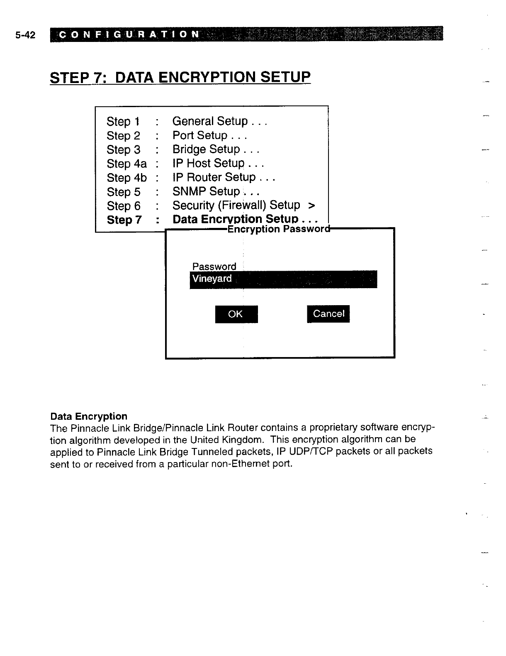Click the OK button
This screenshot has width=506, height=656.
click(x=236, y=314)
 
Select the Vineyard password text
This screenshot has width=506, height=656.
click(x=212, y=279)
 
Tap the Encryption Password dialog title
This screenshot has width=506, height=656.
click(x=279, y=229)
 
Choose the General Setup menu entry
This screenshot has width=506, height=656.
click(x=219, y=121)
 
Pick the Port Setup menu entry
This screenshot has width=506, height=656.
click(x=209, y=135)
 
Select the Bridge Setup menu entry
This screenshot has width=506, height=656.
click(x=216, y=149)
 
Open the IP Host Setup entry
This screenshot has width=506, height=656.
click(x=218, y=164)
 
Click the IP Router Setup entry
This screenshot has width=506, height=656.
click(x=224, y=178)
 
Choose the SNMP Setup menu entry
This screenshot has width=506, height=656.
click(x=216, y=192)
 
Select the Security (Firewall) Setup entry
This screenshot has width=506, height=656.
click(x=243, y=206)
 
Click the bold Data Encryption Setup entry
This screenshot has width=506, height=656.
click(x=245, y=219)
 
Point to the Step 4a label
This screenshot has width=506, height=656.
click(x=126, y=164)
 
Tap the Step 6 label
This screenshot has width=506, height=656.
click(x=124, y=206)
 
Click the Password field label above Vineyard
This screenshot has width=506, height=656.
click(x=214, y=266)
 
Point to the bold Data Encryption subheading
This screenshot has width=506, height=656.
click(x=89, y=416)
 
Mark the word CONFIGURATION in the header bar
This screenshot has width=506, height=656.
click(x=129, y=34)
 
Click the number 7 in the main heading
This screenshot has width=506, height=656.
click(x=101, y=78)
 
